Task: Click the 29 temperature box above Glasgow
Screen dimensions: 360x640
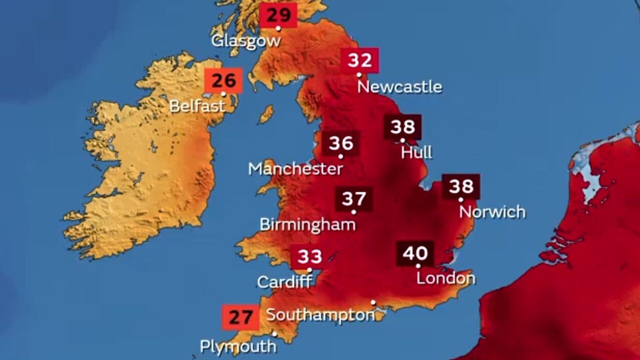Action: (x=278, y=15)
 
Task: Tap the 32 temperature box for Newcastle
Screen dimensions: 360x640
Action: (x=360, y=61)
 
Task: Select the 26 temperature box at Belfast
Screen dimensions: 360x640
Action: (x=223, y=80)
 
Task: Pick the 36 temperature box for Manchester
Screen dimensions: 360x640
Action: (x=341, y=143)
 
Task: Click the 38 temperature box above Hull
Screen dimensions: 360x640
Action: (x=402, y=127)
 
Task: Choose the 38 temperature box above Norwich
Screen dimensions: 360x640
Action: (x=461, y=186)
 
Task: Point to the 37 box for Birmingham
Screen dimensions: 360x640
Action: (x=354, y=199)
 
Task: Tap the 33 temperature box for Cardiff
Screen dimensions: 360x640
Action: (x=309, y=257)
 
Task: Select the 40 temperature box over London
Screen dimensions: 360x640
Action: (x=415, y=253)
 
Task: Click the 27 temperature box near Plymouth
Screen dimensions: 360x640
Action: (x=240, y=317)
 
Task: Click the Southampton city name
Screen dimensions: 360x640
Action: (x=320, y=315)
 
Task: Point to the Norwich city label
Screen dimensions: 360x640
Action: (x=492, y=212)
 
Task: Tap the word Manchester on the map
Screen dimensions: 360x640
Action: (x=295, y=168)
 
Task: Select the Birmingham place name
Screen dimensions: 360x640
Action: (x=307, y=224)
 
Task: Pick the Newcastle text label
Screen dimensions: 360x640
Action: (x=399, y=87)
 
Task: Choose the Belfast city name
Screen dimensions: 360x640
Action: (x=197, y=106)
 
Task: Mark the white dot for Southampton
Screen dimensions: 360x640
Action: (x=373, y=302)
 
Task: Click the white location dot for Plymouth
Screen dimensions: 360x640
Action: (x=274, y=334)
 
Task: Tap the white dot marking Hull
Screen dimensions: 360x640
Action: (x=402, y=140)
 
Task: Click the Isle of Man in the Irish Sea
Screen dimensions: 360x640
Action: (x=266, y=114)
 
